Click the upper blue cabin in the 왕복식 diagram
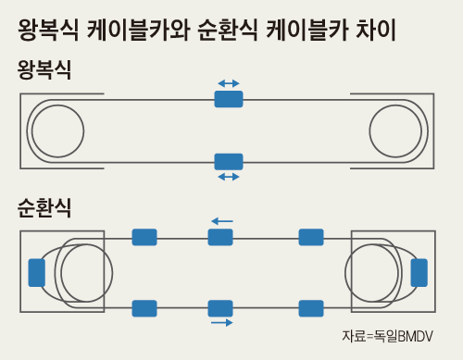[x=229, y=98]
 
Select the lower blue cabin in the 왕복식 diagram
[x=229, y=161]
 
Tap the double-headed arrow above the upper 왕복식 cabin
[x=229, y=83]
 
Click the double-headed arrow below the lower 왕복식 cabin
[x=229, y=176]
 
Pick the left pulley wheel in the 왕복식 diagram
[x=59, y=130]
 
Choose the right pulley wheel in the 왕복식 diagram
[x=398, y=130]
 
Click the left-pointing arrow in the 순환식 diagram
[x=221, y=221]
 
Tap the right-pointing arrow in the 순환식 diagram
[x=221, y=323]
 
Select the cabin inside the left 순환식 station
[x=37, y=272]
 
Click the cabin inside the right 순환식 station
[x=419, y=272]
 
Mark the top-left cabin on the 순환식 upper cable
[x=144, y=237]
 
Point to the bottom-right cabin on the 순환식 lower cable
[x=311, y=308]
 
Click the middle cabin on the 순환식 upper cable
[x=220, y=237]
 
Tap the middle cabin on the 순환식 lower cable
[x=220, y=308]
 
